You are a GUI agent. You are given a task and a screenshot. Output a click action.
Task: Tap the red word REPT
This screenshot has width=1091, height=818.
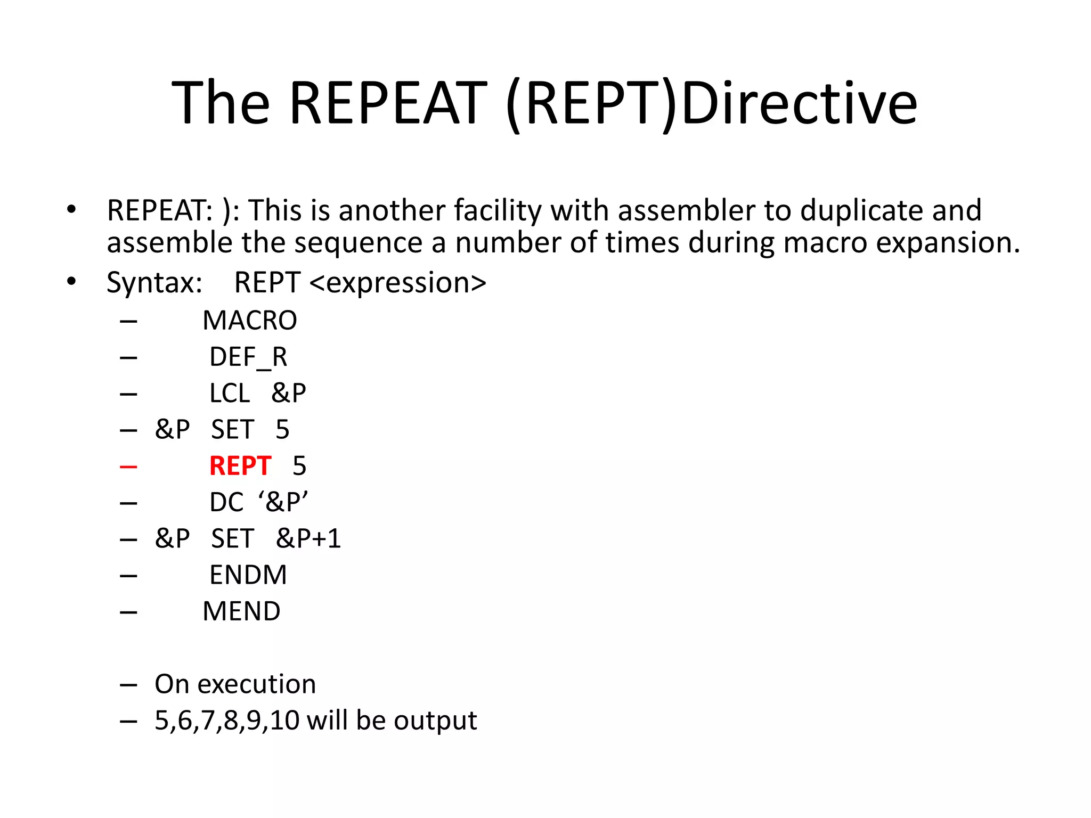(x=240, y=466)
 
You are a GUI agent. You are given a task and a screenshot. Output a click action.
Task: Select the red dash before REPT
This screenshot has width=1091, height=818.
(x=128, y=467)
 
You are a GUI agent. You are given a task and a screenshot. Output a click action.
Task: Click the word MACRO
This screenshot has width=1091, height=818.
(x=249, y=321)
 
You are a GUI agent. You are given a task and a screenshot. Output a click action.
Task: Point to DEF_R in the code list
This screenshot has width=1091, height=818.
(x=248, y=357)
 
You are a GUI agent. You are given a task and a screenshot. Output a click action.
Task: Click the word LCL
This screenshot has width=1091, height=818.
(x=230, y=394)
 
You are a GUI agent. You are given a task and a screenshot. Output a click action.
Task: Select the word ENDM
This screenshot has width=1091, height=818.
(x=248, y=575)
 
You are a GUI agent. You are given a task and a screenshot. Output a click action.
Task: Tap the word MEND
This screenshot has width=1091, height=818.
(x=241, y=611)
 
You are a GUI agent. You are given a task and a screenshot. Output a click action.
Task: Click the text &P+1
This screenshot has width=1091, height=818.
(x=308, y=538)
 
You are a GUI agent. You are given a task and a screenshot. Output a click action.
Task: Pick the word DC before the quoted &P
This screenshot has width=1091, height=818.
(x=226, y=502)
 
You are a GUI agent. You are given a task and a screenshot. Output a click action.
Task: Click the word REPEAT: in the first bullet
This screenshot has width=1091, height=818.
(x=160, y=210)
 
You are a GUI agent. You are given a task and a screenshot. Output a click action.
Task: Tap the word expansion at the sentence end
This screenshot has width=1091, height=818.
(x=948, y=243)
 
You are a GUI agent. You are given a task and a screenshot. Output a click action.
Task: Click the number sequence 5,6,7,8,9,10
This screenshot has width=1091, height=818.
(x=227, y=721)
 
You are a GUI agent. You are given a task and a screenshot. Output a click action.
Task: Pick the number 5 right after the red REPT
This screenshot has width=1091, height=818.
(x=299, y=466)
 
